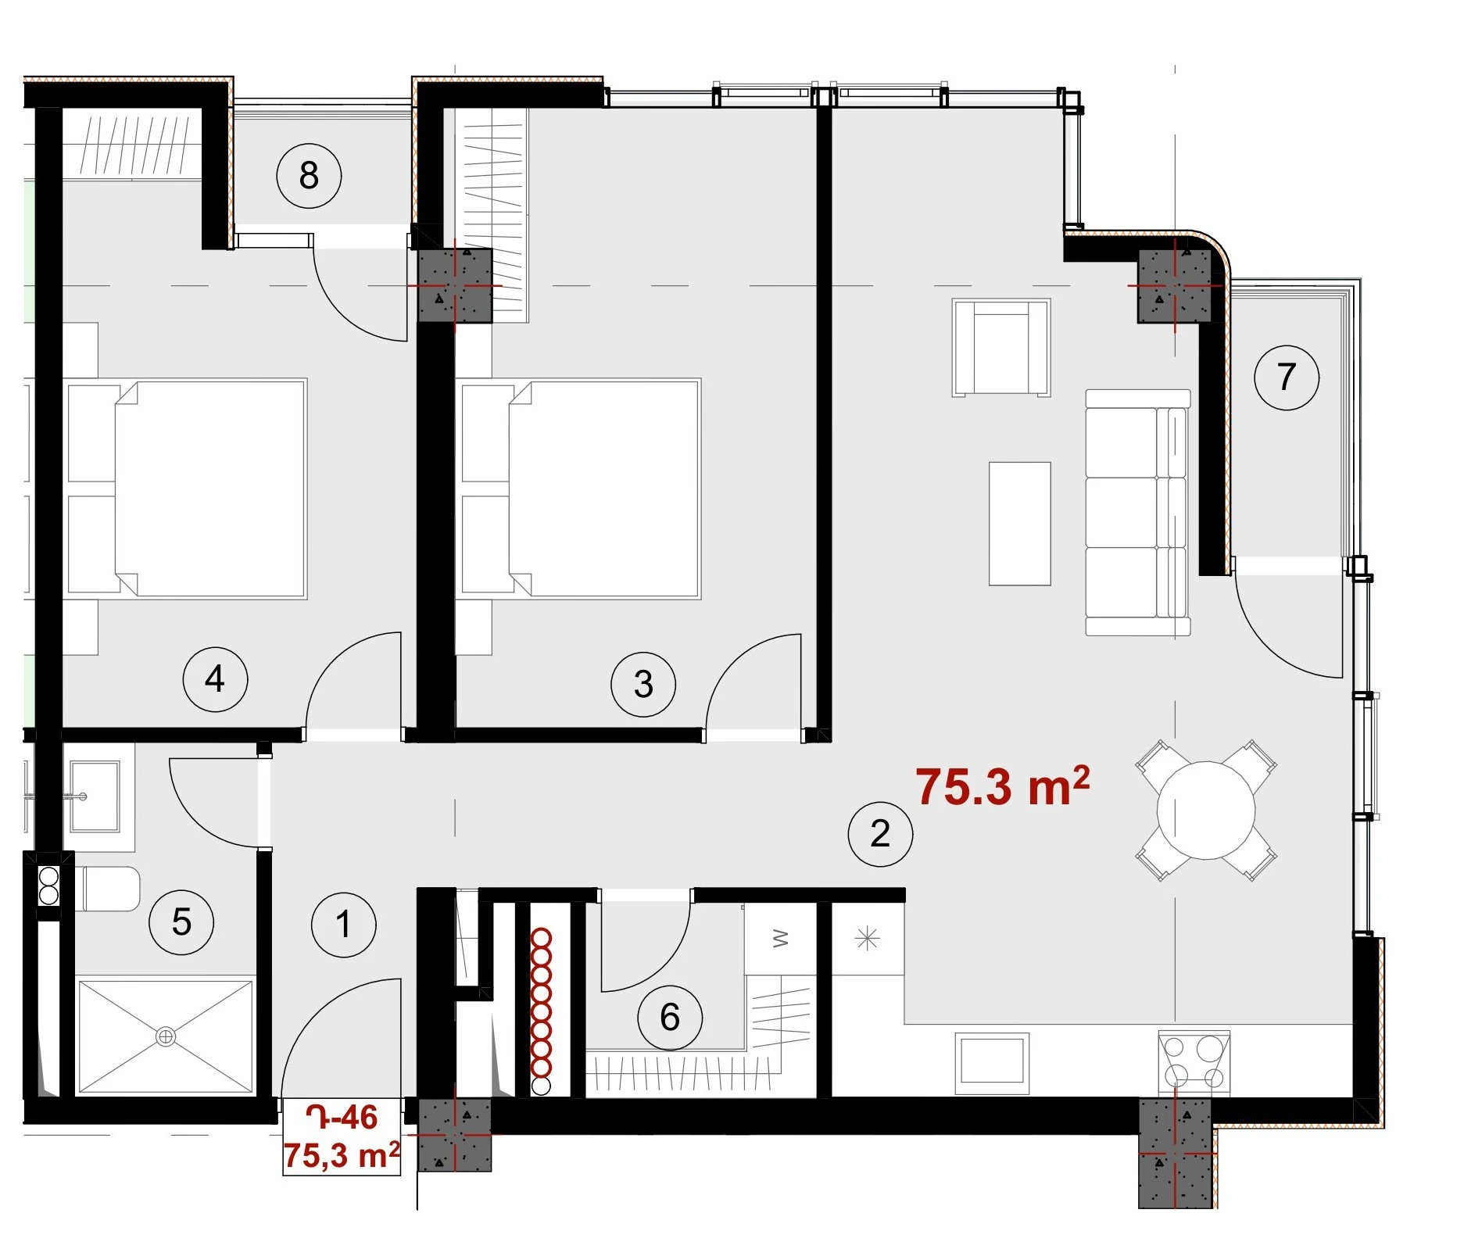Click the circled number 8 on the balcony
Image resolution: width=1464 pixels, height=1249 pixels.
coord(309,175)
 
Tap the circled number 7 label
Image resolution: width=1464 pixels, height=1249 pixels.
coord(1287,378)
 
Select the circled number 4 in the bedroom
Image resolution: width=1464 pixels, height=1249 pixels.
coord(215,678)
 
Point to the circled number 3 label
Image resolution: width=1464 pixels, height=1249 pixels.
coord(643,684)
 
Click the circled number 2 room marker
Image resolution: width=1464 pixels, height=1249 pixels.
coord(880,834)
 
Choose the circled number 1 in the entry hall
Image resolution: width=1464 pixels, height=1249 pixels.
coord(344,925)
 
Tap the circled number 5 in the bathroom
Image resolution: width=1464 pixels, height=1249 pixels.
coord(181,922)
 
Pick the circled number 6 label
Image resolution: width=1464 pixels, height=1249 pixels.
coord(670,1017)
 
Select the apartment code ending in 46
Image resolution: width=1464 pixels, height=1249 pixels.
coord(342,1118)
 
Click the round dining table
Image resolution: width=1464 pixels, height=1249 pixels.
coord(1206,811)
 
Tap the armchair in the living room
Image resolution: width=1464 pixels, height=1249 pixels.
coord(1001,348)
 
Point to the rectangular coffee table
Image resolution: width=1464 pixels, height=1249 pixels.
coord(1020,524)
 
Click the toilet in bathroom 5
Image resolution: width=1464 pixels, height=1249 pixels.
coord(109,889)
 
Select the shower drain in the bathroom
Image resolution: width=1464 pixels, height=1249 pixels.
coord(166,1037)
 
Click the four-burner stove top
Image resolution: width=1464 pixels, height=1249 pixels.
coord(1194,1063)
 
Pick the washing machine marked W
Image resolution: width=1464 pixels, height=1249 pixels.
coord(780,939)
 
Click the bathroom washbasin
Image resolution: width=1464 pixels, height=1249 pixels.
coord(95,797)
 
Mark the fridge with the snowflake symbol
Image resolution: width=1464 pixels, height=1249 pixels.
coord(868,939)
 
